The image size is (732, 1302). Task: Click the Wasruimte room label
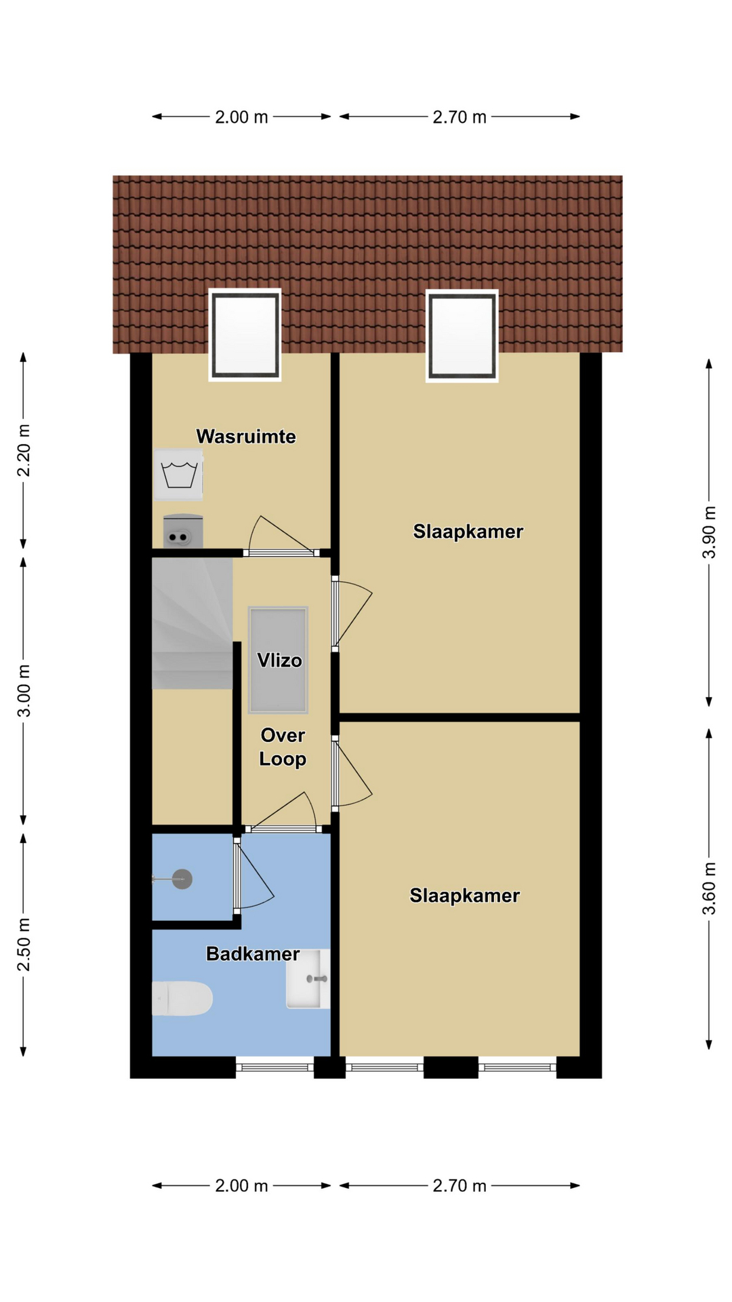246,436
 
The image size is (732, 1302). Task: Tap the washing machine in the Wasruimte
179,474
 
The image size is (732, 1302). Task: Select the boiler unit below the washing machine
183,531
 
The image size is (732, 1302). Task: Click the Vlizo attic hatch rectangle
278,660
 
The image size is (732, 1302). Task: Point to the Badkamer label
253,954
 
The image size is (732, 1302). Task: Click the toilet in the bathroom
182,998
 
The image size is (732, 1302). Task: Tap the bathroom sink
308,979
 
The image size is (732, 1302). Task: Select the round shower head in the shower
182,880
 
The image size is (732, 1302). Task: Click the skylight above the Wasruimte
245,335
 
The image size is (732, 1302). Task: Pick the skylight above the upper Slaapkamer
462,335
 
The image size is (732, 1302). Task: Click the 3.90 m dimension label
709,532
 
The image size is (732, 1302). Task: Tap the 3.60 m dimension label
709,888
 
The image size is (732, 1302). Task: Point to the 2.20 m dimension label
24,450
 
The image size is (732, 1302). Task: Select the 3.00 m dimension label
24,691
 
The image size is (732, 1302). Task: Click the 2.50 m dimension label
24,945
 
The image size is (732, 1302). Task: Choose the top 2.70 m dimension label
460,117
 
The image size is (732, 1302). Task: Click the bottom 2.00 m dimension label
242,1186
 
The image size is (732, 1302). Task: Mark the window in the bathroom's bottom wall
274,1067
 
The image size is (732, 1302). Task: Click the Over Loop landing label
283,747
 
